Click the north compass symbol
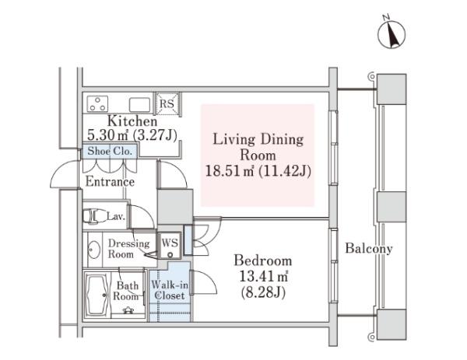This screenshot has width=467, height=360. pos(392,34)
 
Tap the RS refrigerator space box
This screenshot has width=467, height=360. pos(167,103)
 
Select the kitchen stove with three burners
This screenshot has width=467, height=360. pos(97,104)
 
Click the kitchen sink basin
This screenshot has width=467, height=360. pos(139,105)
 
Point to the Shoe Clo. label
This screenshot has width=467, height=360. pos(110,151)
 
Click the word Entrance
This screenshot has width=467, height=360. pos(110,182)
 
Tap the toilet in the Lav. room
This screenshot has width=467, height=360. pos(94,215)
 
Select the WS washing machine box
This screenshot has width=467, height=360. pos(170,246)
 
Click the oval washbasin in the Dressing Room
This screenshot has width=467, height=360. pos(94,250)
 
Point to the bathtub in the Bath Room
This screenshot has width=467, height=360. pos(97,295)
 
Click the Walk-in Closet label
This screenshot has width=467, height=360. pos(170,290)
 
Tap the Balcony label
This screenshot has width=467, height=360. pos(369,249)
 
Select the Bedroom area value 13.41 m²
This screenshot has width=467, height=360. pos(264,277)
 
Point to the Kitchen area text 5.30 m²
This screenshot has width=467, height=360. pos(107,135)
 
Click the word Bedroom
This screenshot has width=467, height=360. pos(263,260)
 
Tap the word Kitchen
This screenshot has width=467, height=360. pos(132,121)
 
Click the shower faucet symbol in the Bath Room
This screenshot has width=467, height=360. pos(128,310)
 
